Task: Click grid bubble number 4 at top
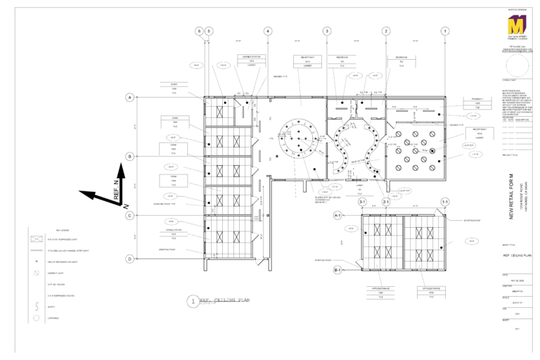click(x=268, y=31)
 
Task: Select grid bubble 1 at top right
click(x=445, y=31)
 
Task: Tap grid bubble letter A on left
click(x=130, y=97)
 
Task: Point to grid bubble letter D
click(x=130, y=259)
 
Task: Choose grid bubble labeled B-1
click(x=337, y=270)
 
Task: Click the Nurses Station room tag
click(x=251, y=61)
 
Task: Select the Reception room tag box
click(x=342, y=61)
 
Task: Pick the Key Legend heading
click(x=63, y=231)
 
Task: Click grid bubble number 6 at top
click(x=199, y=31)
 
